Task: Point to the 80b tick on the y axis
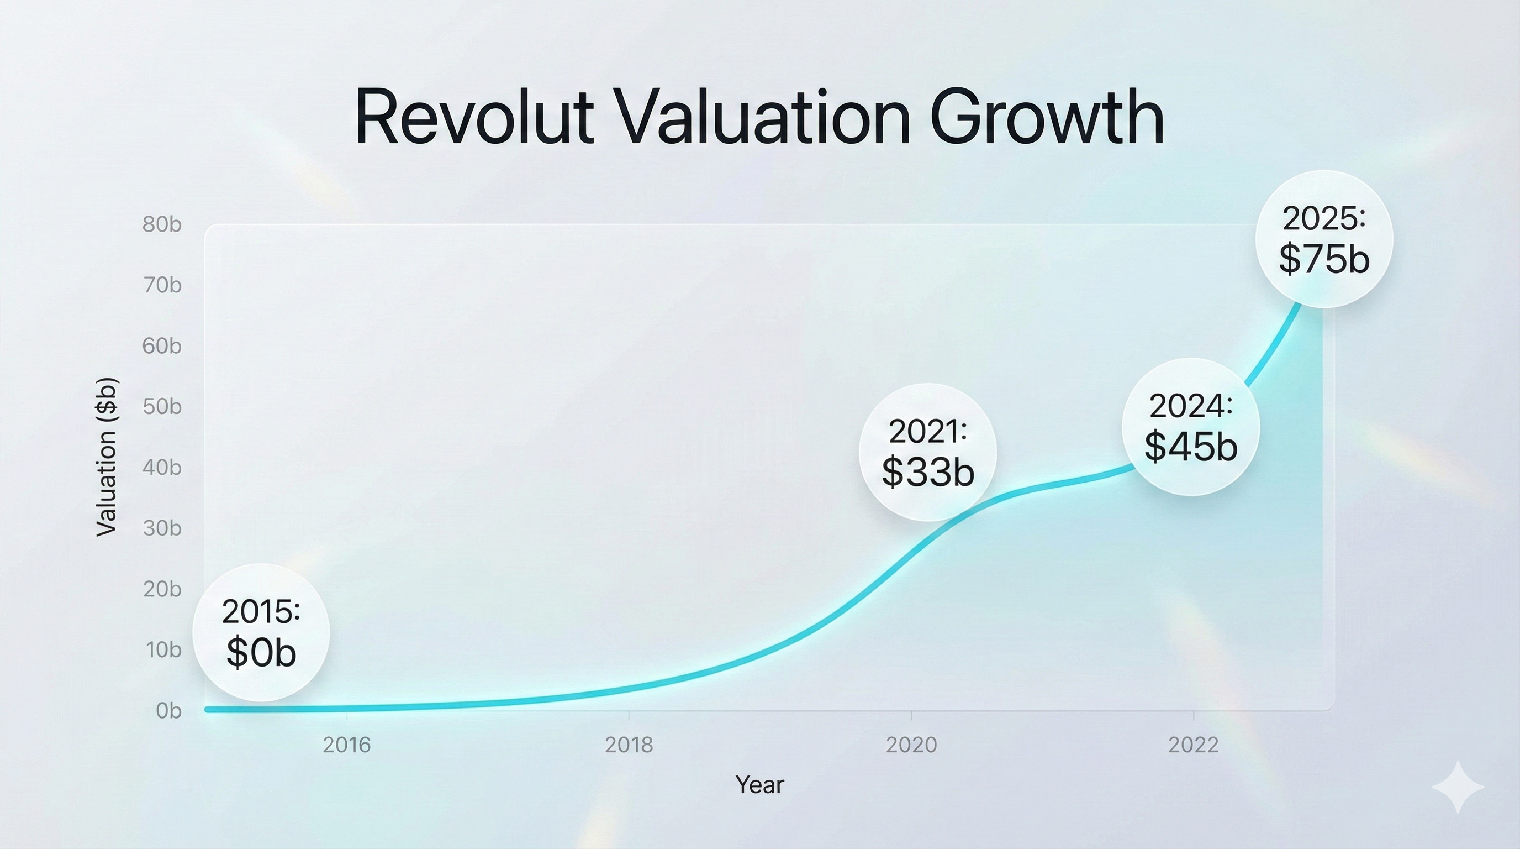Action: pyautogui.click(x=162, y=224)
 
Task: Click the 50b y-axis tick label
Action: pyautogui.click(x=162, y=407)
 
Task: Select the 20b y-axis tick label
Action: pyautogui.click(x=162, y=589)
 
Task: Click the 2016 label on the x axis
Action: pyautogui.click(x=347, y=745)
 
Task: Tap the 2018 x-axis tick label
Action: pyautogui.click(x=629, y=745)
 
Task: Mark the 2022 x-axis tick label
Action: pyautogui.click(x=1193, y=745)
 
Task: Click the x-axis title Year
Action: pyautogui.click(x=759, y=785)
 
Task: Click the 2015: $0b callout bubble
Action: pyautogui.click(x=261, y=632)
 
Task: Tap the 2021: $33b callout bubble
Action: pyautogui.click(x=927, y=452)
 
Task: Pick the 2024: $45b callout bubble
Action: pyautogui.click(x=1191, y=426)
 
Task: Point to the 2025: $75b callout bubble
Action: pyautogui.click(x=1324, y=239)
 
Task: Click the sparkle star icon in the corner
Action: pyautogui.click(x=1458, y=787)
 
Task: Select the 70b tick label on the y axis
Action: pyautogui.click(x=162, y=285)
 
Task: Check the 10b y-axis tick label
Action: pyautogui.click(x=163, y=650)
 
